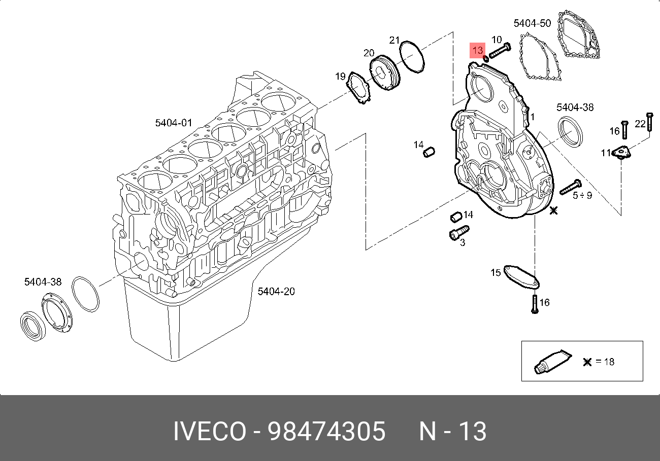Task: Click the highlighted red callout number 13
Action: coord(477,50)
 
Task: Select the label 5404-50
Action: coord(532,23)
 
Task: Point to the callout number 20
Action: coord(369,53)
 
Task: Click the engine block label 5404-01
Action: coord(174,123)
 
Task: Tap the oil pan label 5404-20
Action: coord(276,291)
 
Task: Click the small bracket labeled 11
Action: coord(621,152)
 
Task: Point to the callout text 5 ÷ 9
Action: coord(582,195)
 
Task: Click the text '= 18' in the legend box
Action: coord(605,362)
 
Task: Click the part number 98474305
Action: coord(326,432)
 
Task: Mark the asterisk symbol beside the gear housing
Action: coord(554,209)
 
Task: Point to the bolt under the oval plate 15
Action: coord(534,304)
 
